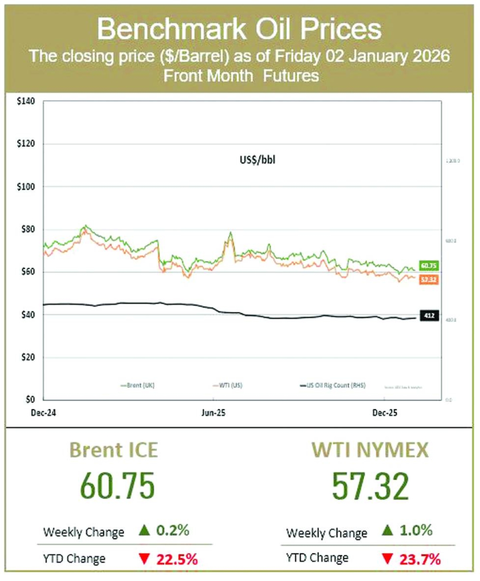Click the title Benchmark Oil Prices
pyautogui.click(x=239, y=29)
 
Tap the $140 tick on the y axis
pyautogui.click(x=26, y=101)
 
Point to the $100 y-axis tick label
pyautogui.click(x=26, y=187)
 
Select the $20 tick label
pyautogui.click(x=27, y=357)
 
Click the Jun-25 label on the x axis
pyautogui.click(x=213, y=413)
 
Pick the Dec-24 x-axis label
pyautogui.click(x=43, y=413)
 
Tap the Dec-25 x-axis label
pyautogui.click(x=384, y=413)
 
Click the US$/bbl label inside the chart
pyautogui.click(x=257, y=160)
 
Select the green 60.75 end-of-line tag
pyautogui.click(x=429, y=266)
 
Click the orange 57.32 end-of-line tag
pyautogui.click(x=429, y=279)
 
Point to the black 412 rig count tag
pyautogui.click(x=429, y=316)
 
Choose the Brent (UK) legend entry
pyautogui.click(x=138, y=385)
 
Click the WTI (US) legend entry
pyautogui.click(x=228, y=385)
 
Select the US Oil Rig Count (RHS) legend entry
pyautogui.click(x=333, y=385)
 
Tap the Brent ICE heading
pyautogui.click(x=114, y=450)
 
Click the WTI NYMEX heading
pyautogui.click(x=370, y=450)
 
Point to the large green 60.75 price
pyautogui.click(x=117, y=486)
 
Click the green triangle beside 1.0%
pyautogui.click(x=387, y=531)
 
